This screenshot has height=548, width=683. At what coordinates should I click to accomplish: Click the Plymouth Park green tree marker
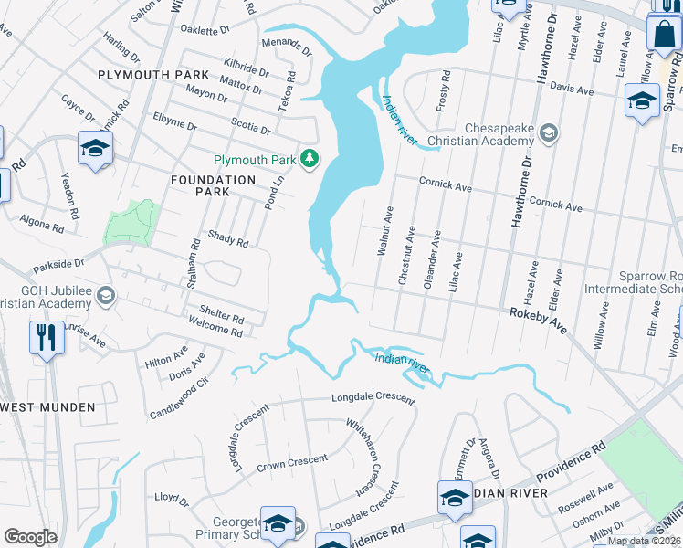(x=310, y=159)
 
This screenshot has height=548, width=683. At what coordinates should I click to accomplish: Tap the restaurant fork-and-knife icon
(x=44, y=336)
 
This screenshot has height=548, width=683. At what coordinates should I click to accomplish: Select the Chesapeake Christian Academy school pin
(x=548, y=133)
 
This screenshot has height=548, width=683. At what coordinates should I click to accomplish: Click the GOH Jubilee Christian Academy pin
(x=106, y=295)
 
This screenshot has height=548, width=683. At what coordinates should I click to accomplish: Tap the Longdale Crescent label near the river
(x=373, y=398)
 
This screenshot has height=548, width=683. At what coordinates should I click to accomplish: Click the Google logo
(x=30, y=536)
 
